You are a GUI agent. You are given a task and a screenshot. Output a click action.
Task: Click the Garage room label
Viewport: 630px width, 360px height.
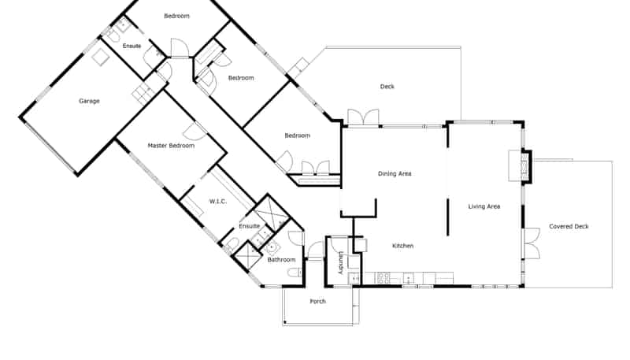click(x=89, y=101)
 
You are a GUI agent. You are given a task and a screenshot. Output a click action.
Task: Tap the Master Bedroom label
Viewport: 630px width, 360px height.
click(x=171, y=146)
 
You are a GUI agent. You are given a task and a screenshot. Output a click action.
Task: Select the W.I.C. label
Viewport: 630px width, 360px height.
click(x=218, y=202)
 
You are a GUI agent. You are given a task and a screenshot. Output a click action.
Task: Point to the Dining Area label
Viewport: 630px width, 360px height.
click(x=395, y=173)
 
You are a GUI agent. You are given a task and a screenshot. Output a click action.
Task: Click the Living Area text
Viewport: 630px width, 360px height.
click(x=484, y=206)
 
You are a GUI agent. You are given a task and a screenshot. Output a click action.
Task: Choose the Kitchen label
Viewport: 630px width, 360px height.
click(x=402, y=246)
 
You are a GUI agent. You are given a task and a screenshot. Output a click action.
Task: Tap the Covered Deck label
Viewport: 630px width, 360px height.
click(x=569, y=227)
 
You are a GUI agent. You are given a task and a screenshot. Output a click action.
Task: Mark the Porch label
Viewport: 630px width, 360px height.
click(x=318, y=302)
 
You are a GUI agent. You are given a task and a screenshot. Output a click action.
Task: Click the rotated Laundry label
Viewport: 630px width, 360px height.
click(x=342, y=263)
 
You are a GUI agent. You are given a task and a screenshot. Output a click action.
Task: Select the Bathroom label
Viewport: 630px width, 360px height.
click(x=281, y=260)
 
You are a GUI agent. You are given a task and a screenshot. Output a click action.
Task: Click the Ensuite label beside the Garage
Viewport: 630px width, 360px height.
click(x=132, y=46)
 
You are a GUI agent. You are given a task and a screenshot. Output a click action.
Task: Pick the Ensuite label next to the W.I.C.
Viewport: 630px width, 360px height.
click(x=249, y=226)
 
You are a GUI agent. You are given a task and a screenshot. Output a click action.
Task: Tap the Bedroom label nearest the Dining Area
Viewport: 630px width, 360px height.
click(x=298, y=135)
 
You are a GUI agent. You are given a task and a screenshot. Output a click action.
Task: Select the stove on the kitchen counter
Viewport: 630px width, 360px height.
click(x=383, y=277)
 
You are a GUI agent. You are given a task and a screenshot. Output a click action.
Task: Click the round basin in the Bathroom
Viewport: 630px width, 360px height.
click(x=272, y=249)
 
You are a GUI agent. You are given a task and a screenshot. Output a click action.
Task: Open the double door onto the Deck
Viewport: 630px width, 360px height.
click(x=363, y=117)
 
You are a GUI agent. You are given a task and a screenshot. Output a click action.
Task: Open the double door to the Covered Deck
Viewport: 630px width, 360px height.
click(x=532, y=243)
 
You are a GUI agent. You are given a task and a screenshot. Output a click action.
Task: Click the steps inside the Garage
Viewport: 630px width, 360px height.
click(x=143, y=92)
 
